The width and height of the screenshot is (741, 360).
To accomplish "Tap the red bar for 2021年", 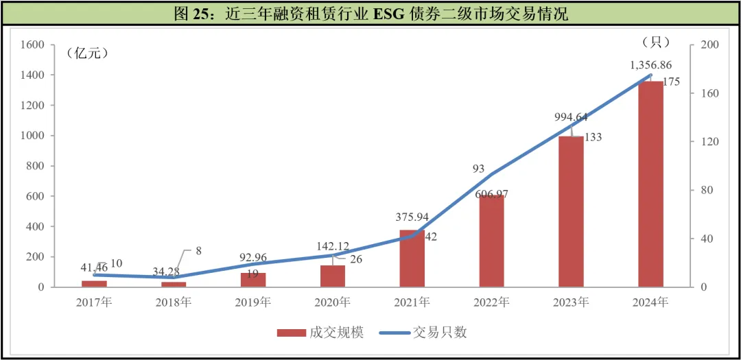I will click(x=412, y=259).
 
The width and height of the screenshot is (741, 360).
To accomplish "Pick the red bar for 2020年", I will click(x=333, y=276).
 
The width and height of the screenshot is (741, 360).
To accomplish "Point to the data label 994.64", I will click(x=571, y=117).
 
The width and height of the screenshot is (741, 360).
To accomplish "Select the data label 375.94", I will click(x=412, y=217).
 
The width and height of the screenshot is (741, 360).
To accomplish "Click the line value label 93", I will click(x=479, y=169).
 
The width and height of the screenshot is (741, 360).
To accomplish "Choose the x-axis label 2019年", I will click(x=253, y=302).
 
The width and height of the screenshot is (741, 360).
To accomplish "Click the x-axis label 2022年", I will click(x=491, y=302).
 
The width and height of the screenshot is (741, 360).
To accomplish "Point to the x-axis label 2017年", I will click(x=94, y=302).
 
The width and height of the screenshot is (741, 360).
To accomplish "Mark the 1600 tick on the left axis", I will click(x=32, y=45).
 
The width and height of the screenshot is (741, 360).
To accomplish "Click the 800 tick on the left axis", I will click(x=35, y=166).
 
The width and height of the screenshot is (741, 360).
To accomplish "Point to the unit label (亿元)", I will click(x=87, y=53).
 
